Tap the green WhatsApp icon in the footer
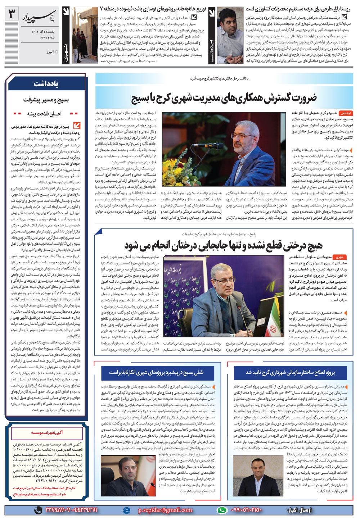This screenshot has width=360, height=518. pos(222,510)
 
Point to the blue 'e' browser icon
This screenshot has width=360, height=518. pos(126,510)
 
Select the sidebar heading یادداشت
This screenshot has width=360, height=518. pos(46,84)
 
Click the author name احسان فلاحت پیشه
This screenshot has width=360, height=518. pos(44,114)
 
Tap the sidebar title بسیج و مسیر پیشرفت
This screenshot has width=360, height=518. pos(46,100)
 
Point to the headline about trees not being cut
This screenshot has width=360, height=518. pos(223,245)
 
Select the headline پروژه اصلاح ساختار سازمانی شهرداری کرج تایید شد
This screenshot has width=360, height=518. pos(290,372)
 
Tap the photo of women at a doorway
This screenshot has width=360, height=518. pos(85,35)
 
